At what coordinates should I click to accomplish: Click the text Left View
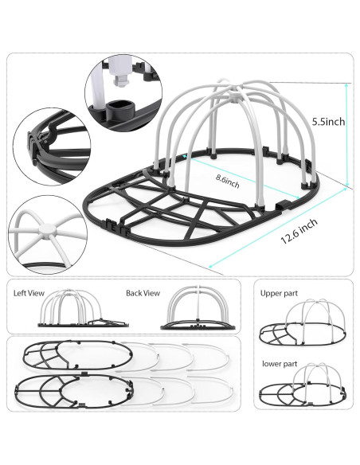tap(30, 291)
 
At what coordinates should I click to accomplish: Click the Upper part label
tap(278, 293)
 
